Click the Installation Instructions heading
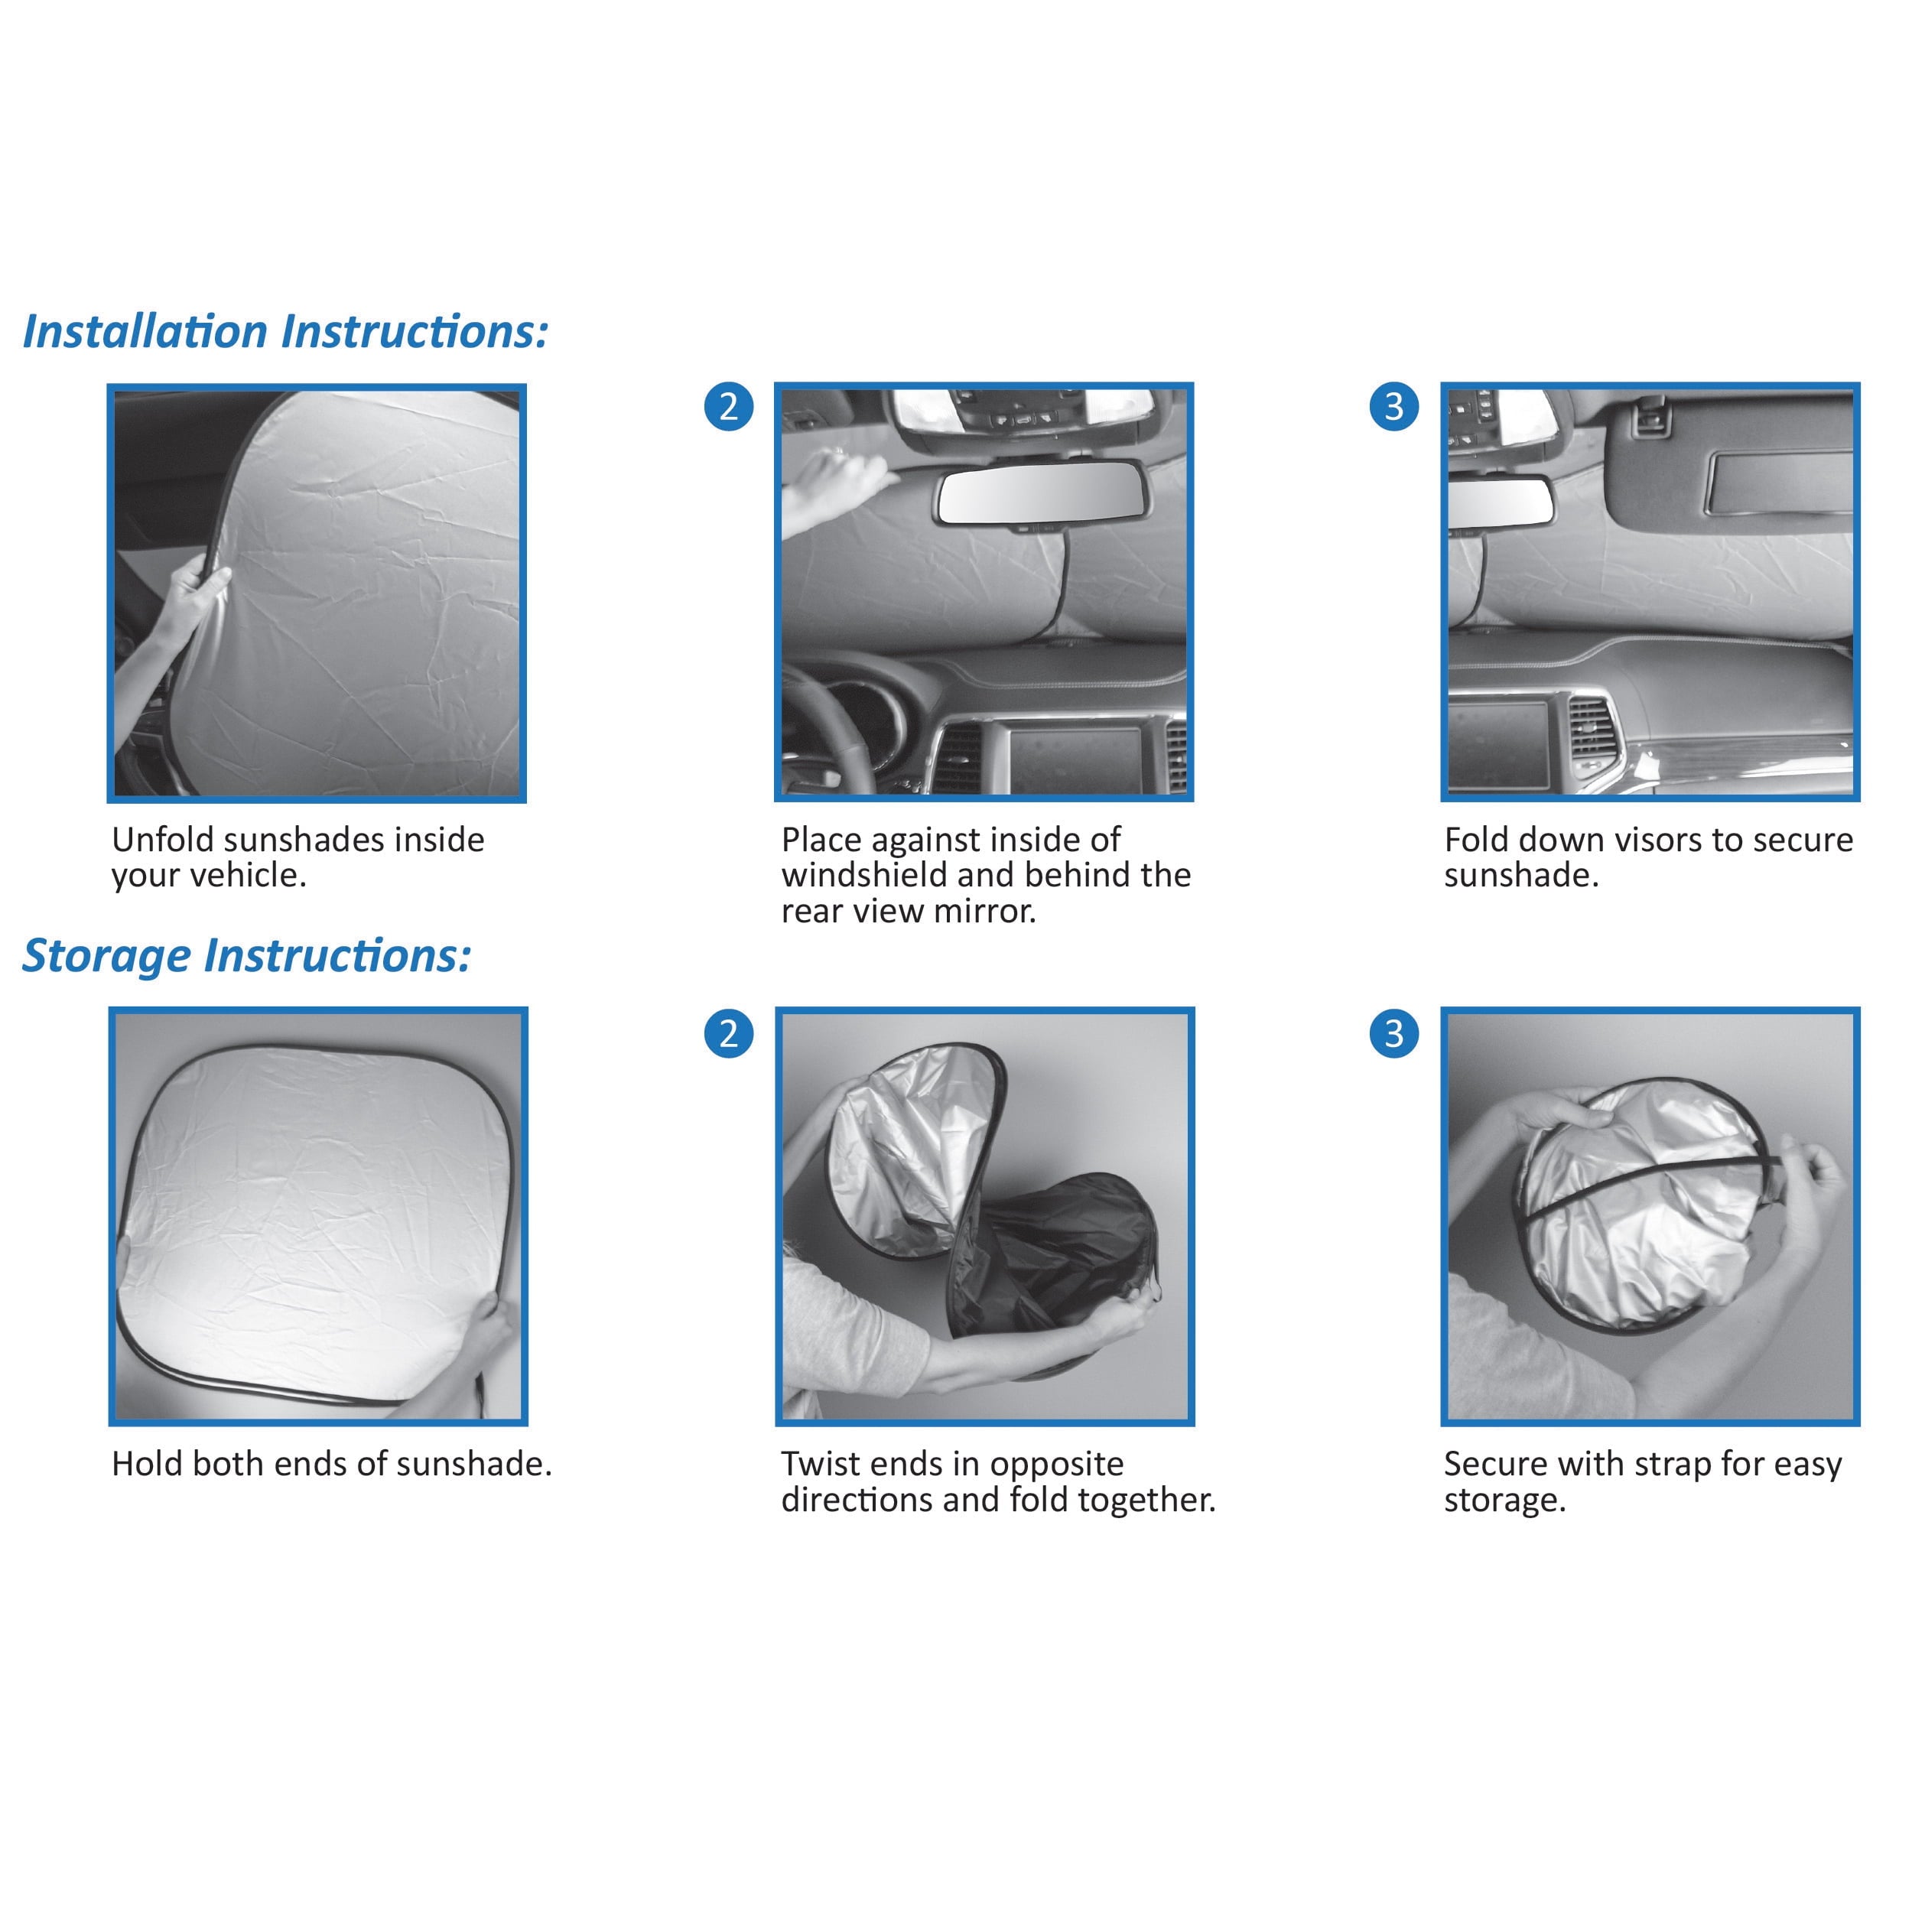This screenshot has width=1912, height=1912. tap(285, 331)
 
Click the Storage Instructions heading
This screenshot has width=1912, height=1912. tap(246, 956)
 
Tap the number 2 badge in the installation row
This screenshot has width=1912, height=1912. tap(728, 407)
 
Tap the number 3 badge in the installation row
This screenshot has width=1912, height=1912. tap(1393, 407)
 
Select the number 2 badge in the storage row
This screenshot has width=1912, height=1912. tap(728, 1033)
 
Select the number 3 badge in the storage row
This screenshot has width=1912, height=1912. tap(1393, 1033)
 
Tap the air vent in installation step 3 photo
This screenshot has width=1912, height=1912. tap(1590, 733)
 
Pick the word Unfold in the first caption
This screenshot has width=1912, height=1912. tap(162, 841)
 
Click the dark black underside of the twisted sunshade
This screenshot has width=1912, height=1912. tap(1069, 1247)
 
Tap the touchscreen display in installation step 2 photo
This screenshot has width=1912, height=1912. tap(1069, 757)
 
